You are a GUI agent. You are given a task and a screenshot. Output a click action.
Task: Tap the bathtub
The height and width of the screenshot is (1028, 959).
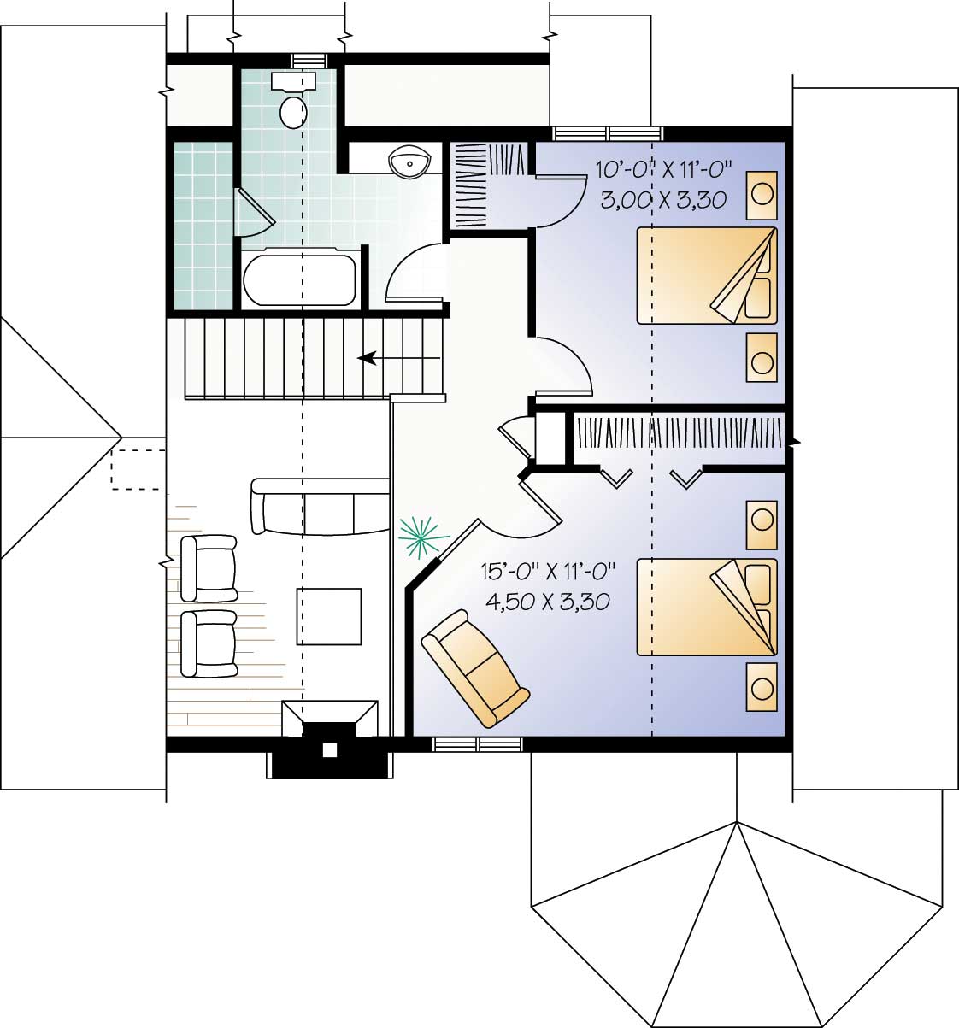298,279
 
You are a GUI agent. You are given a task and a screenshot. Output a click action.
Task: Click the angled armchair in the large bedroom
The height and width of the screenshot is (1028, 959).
475,668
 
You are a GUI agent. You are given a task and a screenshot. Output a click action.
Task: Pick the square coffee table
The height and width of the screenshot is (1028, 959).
329,616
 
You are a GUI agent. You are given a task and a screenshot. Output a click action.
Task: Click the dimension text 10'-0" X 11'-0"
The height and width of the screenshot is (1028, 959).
665,167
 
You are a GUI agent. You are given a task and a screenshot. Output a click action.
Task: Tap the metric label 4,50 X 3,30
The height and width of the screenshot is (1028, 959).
548,602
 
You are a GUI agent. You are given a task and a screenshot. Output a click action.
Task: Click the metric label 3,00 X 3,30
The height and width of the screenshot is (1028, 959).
663,200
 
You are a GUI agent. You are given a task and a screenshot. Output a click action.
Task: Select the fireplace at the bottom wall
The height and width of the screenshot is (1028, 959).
330,739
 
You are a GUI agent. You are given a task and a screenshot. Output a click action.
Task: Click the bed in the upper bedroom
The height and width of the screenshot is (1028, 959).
706,275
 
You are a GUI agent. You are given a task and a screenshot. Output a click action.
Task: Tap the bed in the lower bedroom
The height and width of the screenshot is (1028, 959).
706,608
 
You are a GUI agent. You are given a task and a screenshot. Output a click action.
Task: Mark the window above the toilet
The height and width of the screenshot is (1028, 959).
309,59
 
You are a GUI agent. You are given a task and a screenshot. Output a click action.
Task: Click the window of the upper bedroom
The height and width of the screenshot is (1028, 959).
608,133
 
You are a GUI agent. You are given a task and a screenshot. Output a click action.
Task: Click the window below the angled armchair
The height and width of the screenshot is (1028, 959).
478,744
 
